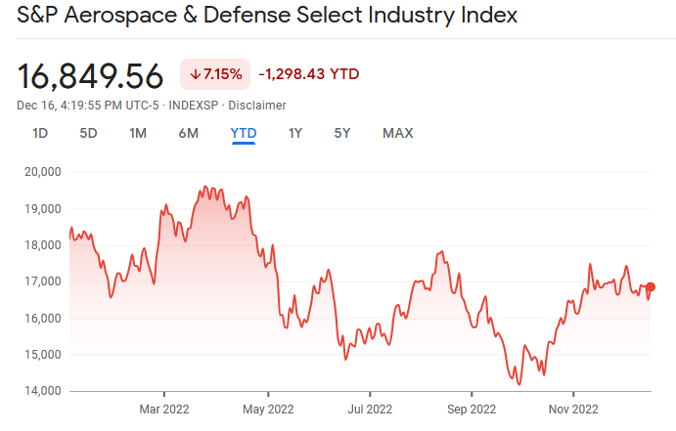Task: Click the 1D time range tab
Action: (x=40, y=133)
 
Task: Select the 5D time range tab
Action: (x=88, y=133)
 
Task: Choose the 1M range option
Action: (x=138, y=133)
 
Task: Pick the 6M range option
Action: (x=189, y=133)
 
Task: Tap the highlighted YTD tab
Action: (x=243, y=133)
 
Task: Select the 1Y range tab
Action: (x=294, y=133)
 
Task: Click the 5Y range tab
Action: (x=342, y=133)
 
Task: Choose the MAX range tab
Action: (x=398, y=133)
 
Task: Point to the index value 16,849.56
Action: (x=90, y=75)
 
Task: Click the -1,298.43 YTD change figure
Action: (x=308, y=74)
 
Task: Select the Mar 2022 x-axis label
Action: (x=164, y=409)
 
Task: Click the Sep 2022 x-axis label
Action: (x=471, y=409)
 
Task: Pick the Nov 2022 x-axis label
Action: (x=572, y=409)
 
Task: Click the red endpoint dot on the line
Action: (x=651, y=286)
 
